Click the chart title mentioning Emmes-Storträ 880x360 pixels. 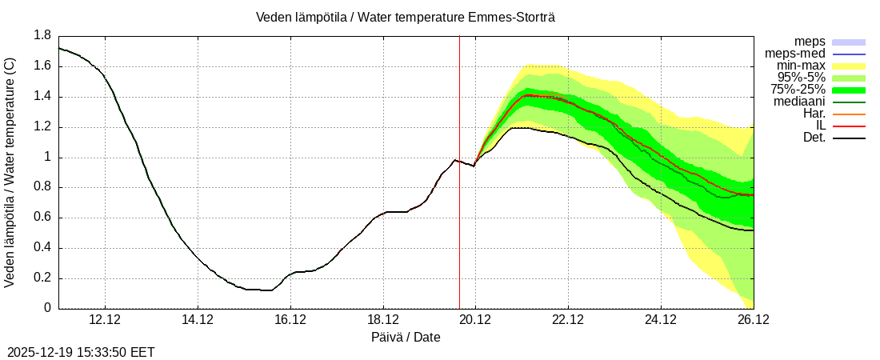point(406,17)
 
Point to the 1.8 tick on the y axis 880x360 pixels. point(42,36)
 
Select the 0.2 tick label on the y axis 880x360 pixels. point(42,278)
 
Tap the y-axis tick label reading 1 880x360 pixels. point(47,158)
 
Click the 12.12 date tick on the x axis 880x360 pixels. point(105,319)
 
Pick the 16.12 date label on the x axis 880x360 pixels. point(290,319)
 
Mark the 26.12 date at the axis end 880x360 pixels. point(753,319)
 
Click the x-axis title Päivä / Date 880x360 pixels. point(406,337)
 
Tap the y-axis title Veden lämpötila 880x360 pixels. point(11,172)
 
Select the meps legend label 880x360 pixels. point(810,42)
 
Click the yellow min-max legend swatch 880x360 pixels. point(849,66)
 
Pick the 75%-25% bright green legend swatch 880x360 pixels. point(849,90)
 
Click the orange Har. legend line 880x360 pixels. point(849,114)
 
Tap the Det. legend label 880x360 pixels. point(814,138)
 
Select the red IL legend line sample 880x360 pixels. point(849,126)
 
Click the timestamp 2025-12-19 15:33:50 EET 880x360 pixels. point(81,352)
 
